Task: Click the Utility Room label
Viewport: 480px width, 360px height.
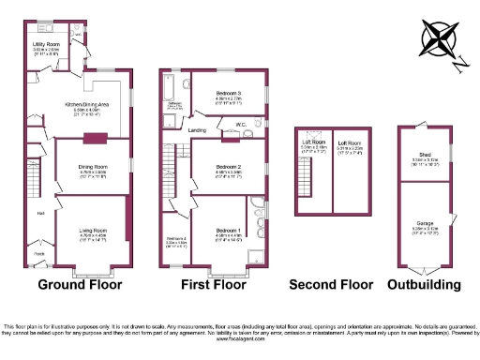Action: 47,44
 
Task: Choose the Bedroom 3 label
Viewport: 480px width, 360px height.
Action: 230,94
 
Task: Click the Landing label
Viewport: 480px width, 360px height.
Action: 198,129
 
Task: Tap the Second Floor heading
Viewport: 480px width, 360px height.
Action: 330,284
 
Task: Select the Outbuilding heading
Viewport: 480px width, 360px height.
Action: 424,284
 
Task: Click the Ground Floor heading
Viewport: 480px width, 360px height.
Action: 83,284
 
